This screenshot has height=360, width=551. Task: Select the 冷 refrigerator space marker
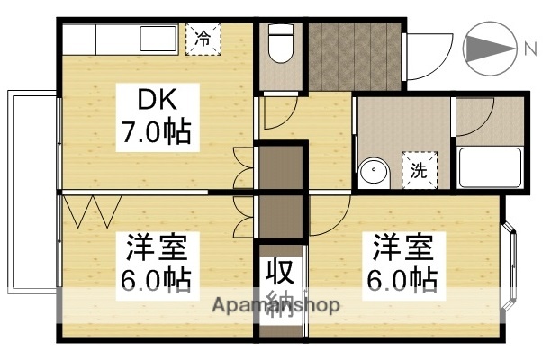(x=203, y=39)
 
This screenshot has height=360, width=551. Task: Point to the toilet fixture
(x=282, y=45)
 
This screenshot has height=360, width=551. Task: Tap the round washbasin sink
(x=371, y=172)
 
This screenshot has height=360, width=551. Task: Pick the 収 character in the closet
(x=279, y=271)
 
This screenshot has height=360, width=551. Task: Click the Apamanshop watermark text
(x=275, y=305)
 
